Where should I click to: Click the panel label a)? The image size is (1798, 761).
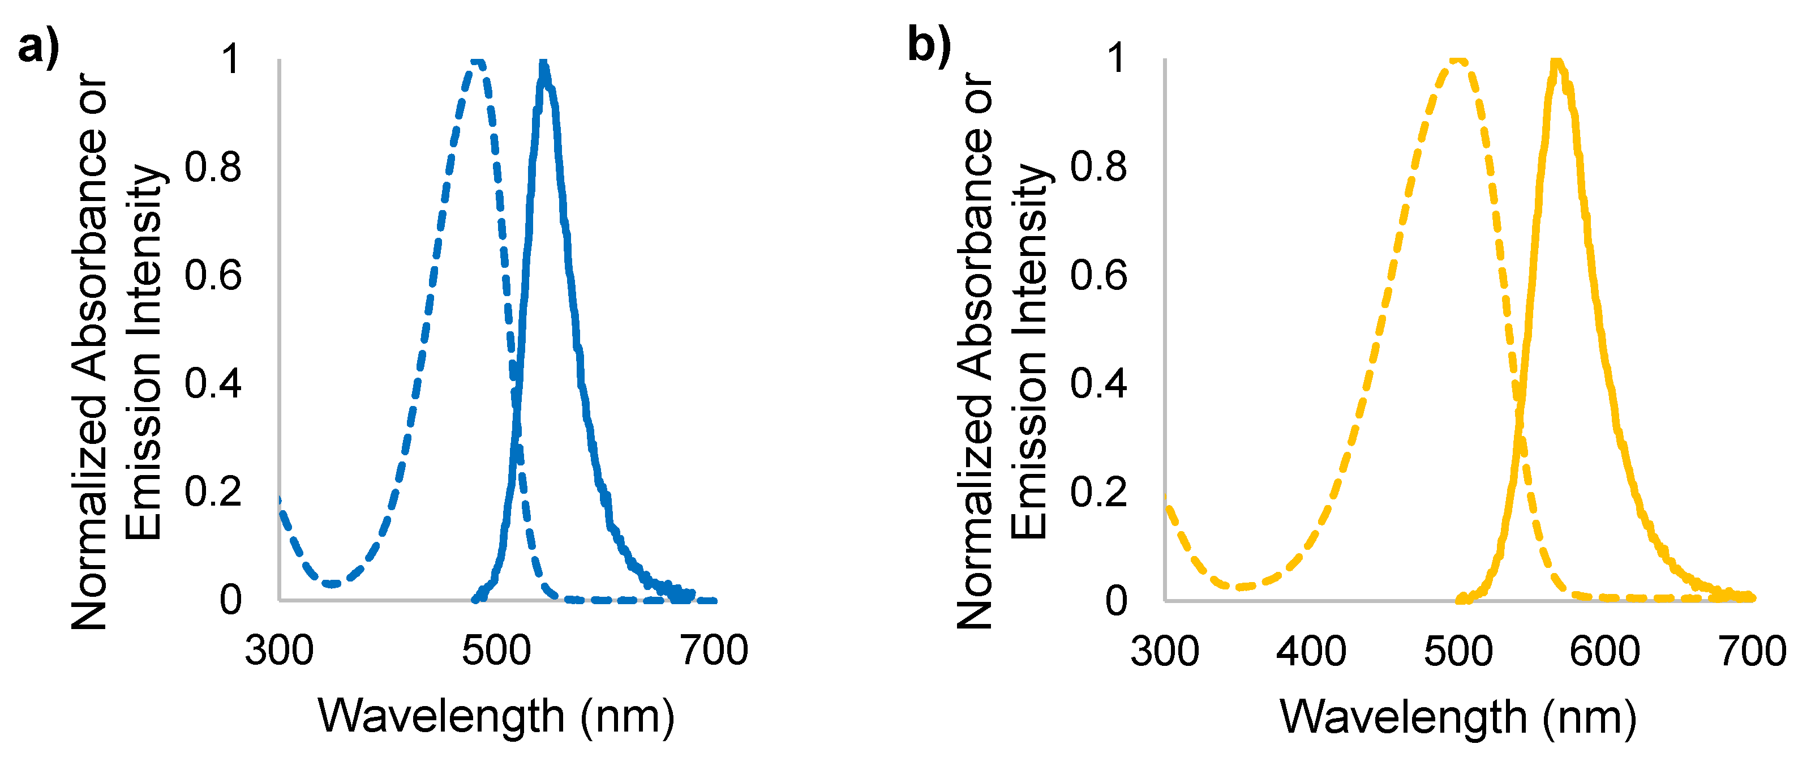[39, 48]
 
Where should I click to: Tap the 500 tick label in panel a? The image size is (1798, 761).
[496, 651]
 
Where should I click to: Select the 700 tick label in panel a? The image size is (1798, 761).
[714, 651]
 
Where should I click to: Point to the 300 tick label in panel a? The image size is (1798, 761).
[279, 651]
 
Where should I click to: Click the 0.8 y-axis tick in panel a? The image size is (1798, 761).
[213, 168]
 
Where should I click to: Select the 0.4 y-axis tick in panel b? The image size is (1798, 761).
[1098, 384]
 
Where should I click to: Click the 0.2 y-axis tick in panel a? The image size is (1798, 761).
[213, 492]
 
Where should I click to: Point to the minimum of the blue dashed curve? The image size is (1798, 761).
[332, 584]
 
